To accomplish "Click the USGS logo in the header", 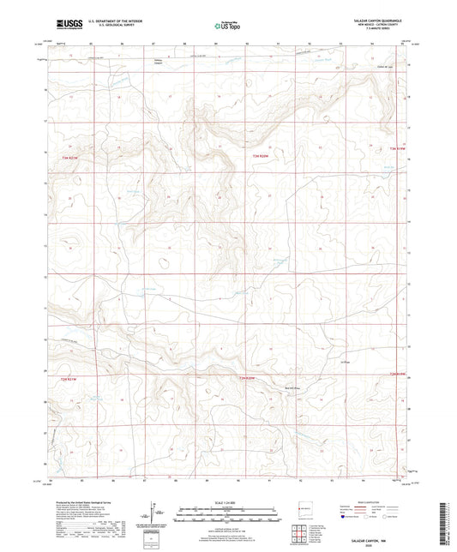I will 65,24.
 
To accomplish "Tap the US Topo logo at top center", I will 226,25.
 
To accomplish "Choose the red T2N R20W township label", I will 247,377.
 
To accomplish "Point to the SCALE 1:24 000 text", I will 228,501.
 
